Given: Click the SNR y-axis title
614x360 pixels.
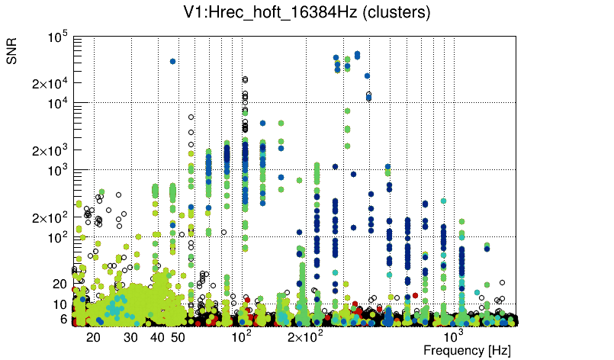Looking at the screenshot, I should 13,50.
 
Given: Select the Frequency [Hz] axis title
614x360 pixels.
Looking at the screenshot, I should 467,350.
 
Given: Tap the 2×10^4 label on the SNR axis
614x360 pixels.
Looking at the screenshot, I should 51,83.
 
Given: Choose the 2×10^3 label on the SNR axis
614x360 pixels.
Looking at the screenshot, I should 51,150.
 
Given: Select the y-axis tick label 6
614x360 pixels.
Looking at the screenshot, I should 64,319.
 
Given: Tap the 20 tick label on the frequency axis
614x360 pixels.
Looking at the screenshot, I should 93,337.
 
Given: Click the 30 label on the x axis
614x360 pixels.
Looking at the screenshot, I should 130,337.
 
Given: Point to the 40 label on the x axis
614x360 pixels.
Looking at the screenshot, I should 158,337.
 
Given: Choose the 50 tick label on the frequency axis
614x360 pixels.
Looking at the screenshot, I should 178,337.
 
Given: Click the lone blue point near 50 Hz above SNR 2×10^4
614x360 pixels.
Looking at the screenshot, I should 173,61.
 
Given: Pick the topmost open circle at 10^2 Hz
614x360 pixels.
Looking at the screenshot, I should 245,79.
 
